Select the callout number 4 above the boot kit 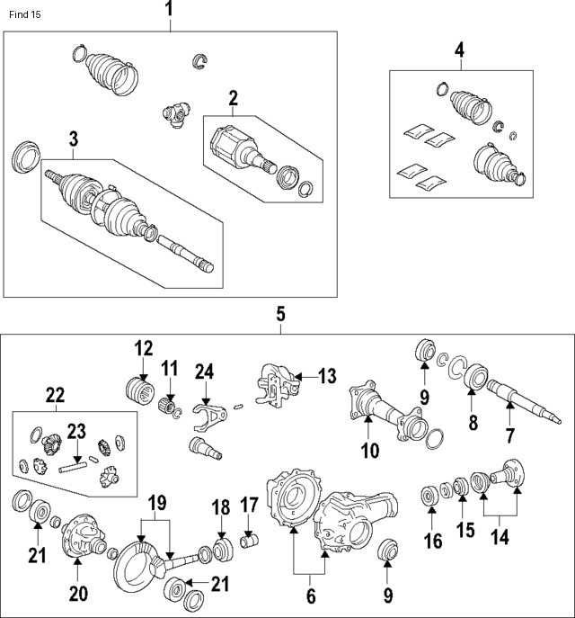pyautogui.click(x=458, y=50)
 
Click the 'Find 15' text pyautogui.click(x=24, y=15)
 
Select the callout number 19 pyautogui.click(x=158, y=501)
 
